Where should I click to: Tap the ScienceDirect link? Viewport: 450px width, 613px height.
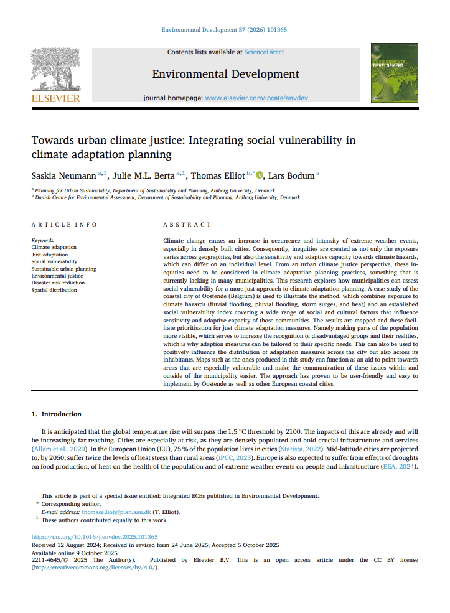[264, 52]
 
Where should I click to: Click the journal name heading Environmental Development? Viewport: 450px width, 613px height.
[225, 74]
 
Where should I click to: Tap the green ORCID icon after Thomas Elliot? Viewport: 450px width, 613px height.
[260, 175]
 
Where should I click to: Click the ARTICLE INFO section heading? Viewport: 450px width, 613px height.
[64, 224]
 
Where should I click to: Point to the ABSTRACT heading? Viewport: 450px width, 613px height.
[187, 224]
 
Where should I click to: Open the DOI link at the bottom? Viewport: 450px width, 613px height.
[95, 536]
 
